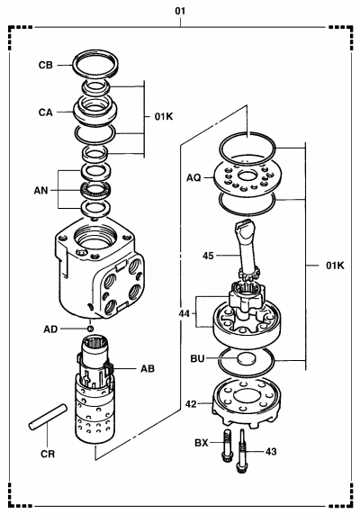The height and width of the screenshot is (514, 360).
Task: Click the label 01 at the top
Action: click(180, 11)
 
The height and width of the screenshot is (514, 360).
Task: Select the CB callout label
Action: click(46, 65)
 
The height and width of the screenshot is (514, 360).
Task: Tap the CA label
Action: click(46, 113)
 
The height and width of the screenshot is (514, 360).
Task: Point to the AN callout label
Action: click(41, 191)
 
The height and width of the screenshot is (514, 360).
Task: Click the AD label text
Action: click(50, 329)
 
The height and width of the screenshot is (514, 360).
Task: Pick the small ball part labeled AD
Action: click(90, 329)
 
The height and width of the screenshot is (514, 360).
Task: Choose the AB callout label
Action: click(148, 369)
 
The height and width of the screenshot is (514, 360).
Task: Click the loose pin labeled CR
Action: click(48, 417)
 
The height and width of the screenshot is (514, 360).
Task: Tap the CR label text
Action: click(48, 454)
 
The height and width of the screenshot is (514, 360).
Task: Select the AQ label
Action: click(193, 177)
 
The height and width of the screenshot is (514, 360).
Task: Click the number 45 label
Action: click(208, 256)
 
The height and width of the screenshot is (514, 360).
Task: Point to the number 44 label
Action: click(184, 313)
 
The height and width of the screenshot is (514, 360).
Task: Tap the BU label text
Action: click(197, 358)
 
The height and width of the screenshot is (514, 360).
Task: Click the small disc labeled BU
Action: click(246, 358)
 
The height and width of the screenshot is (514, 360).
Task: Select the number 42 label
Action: click(191, 404)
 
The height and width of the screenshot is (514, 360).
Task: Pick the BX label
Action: click(202, 443)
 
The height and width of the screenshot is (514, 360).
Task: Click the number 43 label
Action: click(271, 452)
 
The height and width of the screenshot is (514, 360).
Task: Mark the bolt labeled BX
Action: click(227, 446)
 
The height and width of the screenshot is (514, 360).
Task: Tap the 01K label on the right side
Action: click(335, 266)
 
